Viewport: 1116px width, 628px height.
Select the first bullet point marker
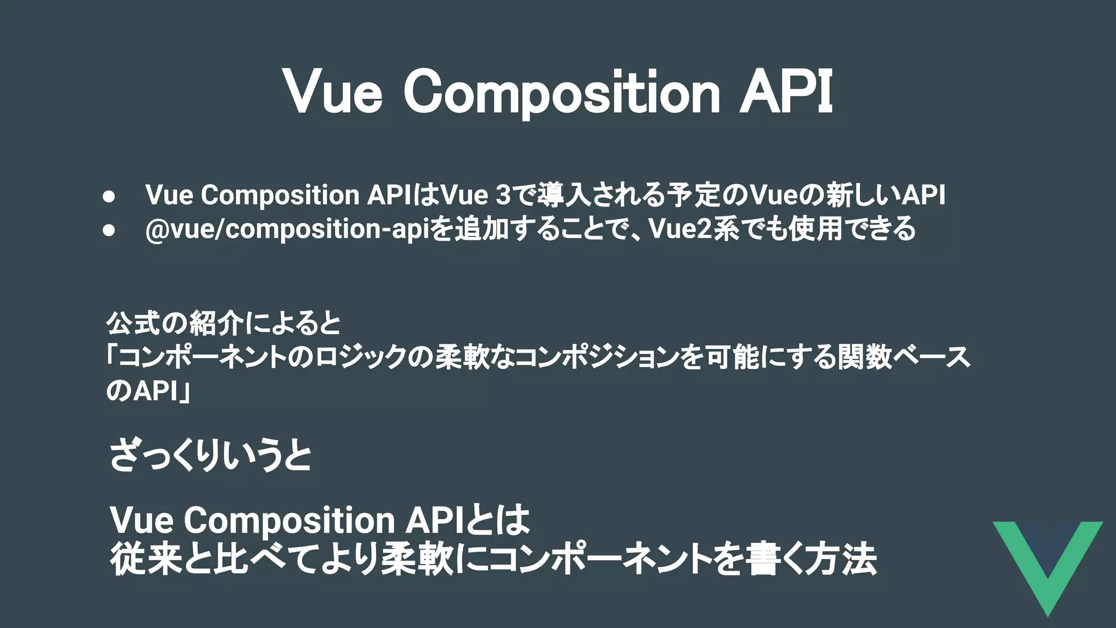(x=108, y=196)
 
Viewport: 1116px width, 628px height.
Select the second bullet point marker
(x=108, y=230)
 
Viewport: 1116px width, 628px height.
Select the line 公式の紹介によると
(x=223, y=324)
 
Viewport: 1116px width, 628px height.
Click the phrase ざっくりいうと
(x=210, y=456)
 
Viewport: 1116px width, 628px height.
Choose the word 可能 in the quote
(x=732, y=358)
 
